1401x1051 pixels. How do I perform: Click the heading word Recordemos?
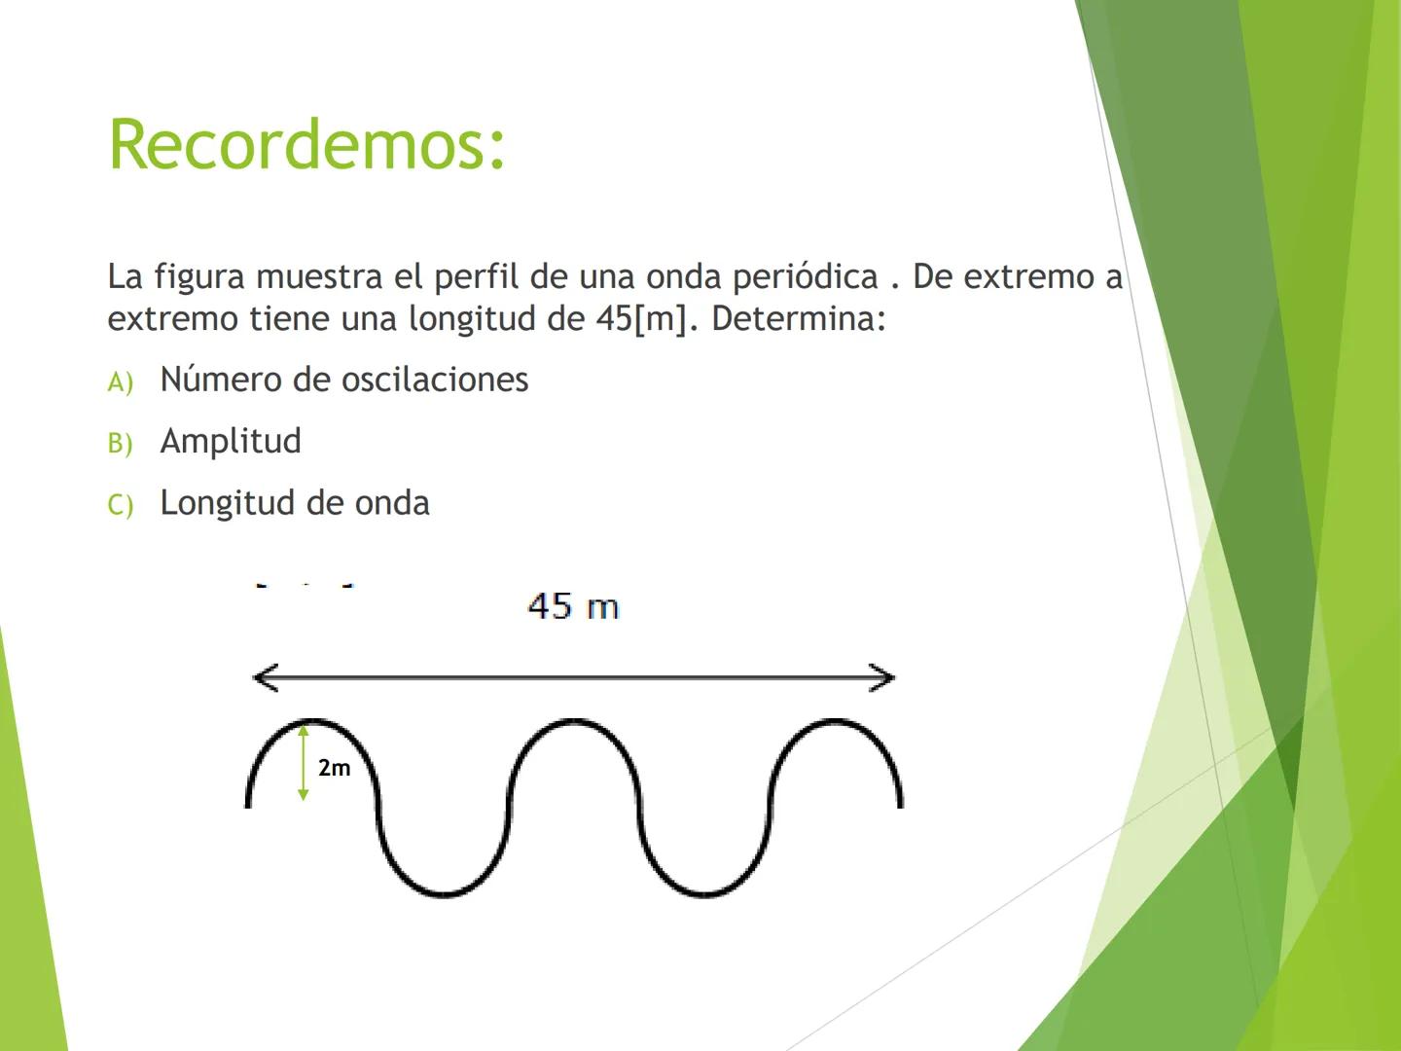tap(306, 145)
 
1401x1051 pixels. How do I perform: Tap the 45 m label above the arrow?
tap(573, 606)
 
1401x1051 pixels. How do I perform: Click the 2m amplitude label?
tap(334, 768)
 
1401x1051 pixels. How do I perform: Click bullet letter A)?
tap(120, 382)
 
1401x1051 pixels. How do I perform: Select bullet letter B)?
tap(120, 444)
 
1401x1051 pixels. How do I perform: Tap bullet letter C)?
tap(120, 505)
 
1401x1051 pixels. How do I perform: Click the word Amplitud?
tap(231, 441)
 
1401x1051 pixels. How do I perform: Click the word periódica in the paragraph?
tap(806, 276)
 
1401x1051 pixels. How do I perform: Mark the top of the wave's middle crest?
tap(572, 721)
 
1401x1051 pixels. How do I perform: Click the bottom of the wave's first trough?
tap(443, 893)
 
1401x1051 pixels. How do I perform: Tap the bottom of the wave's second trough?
tap(703, 893)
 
